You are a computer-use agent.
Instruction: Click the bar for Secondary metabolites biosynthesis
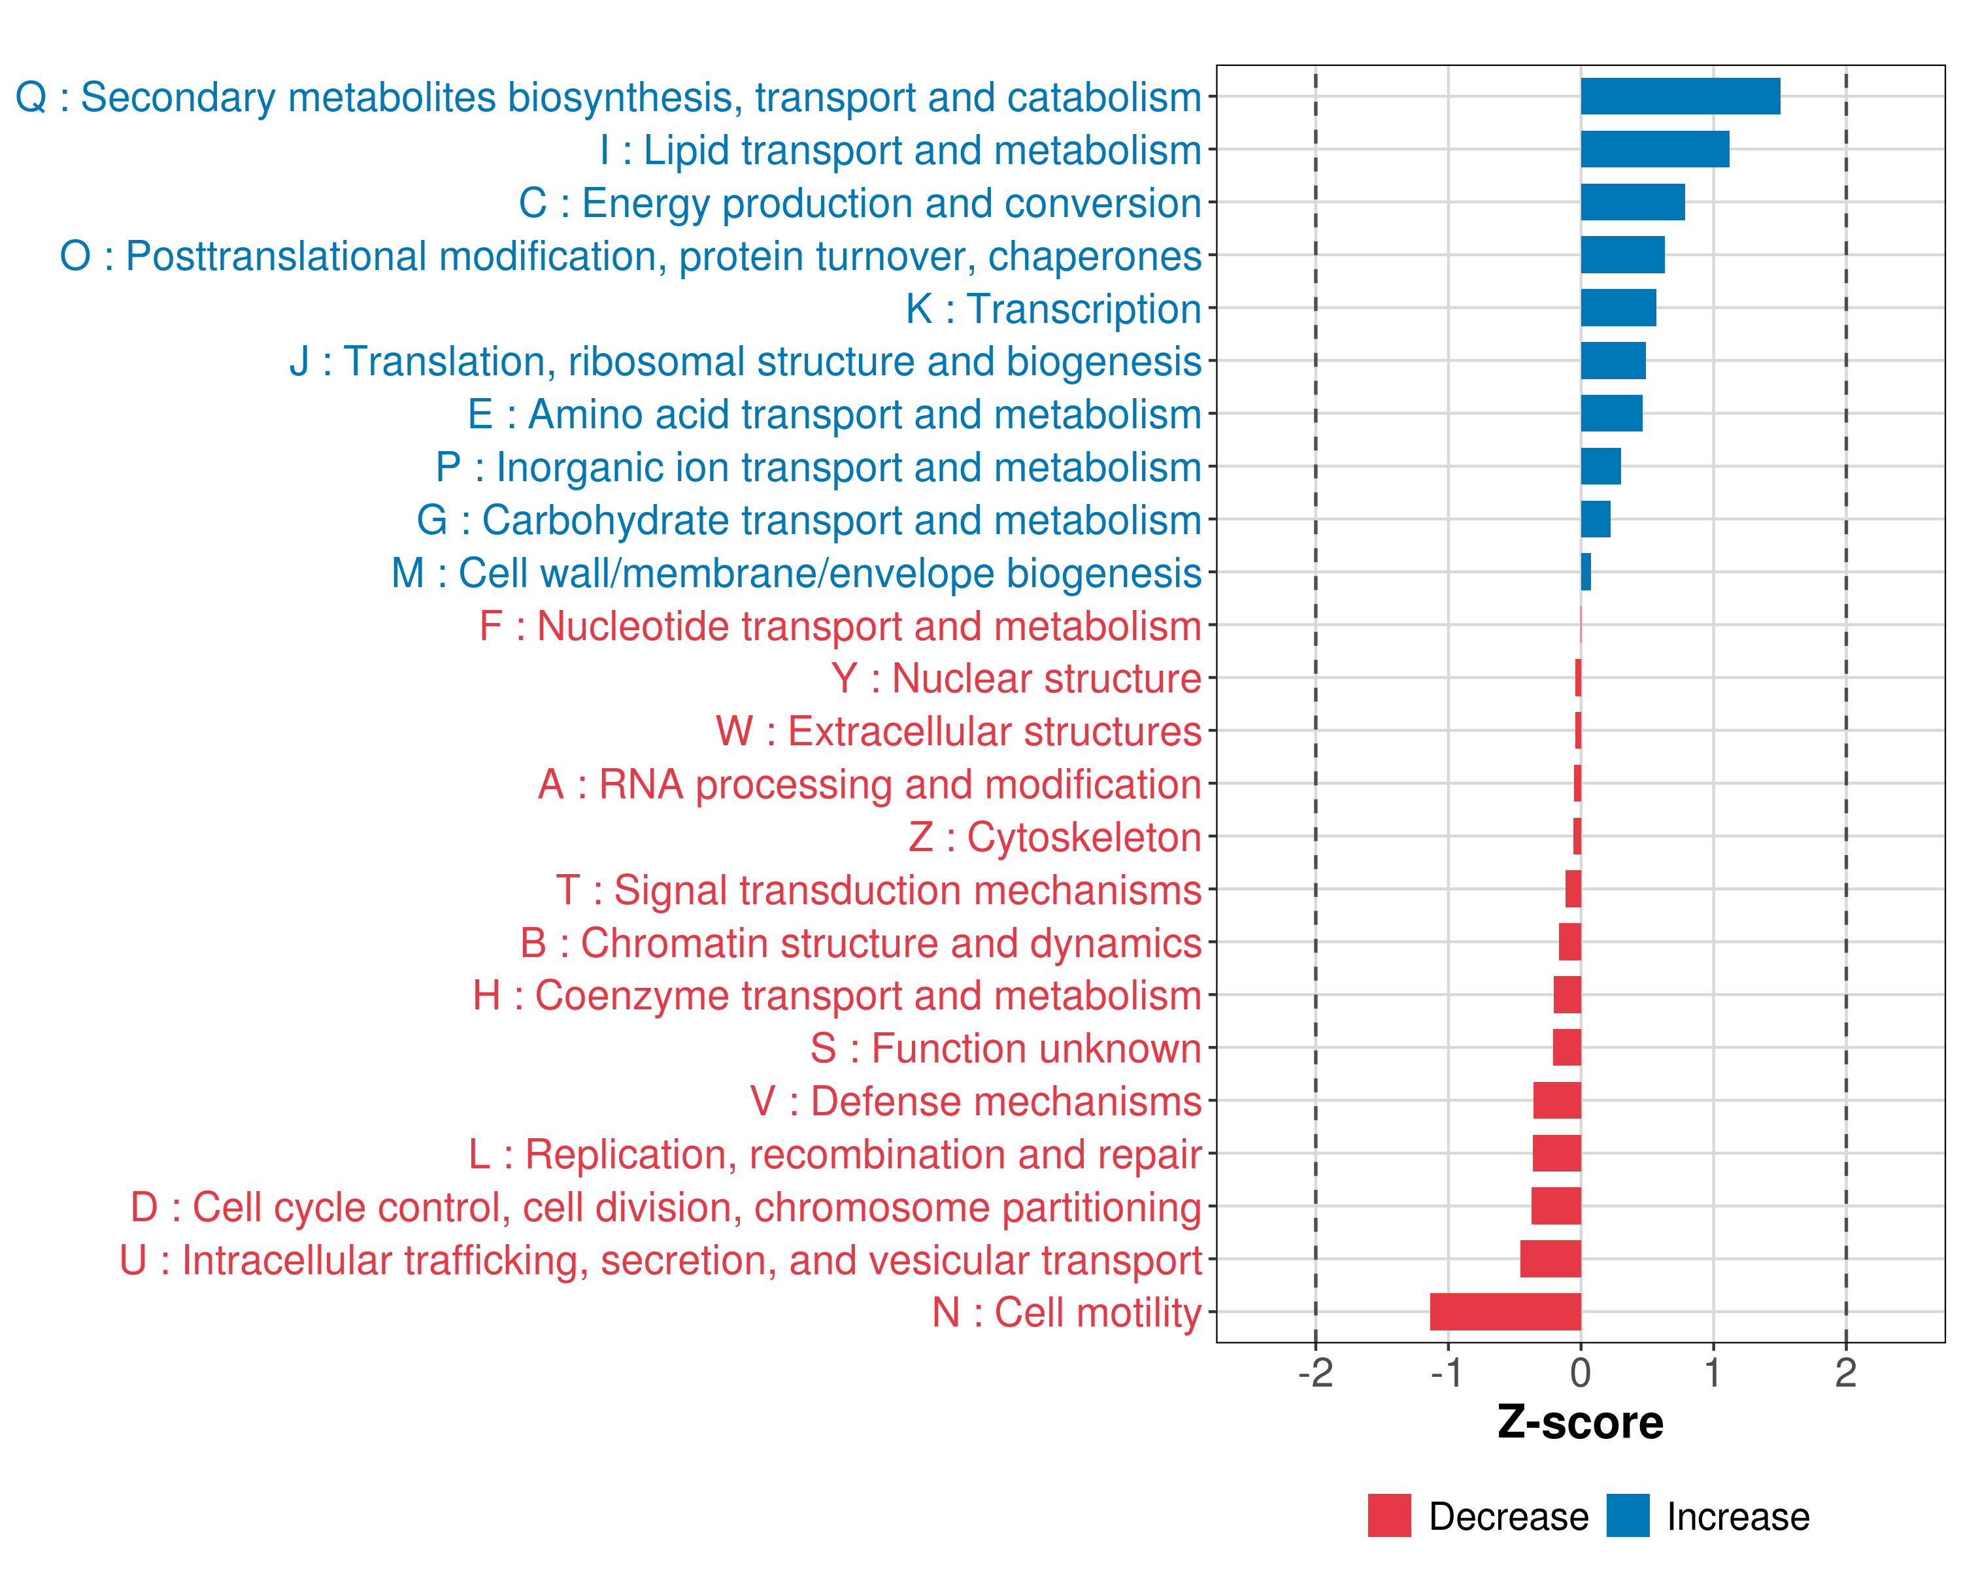point(1680,96)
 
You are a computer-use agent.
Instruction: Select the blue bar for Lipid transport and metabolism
point(1654,149)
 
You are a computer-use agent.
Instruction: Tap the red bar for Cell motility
point(1505,1311)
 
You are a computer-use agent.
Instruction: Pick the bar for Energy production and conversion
point(1633,202)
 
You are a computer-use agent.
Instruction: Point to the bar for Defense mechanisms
point(1557,1100)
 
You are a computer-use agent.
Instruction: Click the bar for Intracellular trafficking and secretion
point(1550,1259)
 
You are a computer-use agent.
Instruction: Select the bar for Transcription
point(1618,307)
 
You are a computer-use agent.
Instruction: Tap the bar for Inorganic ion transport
point(1601,467)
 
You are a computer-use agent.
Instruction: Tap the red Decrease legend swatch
point(1389,1515)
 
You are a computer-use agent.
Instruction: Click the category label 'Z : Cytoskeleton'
point(1055,837)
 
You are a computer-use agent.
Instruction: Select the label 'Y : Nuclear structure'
point(1016,679)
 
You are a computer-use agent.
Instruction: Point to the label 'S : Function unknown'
point(1006,1049)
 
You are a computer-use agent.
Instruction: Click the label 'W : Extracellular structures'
point(959,732)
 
